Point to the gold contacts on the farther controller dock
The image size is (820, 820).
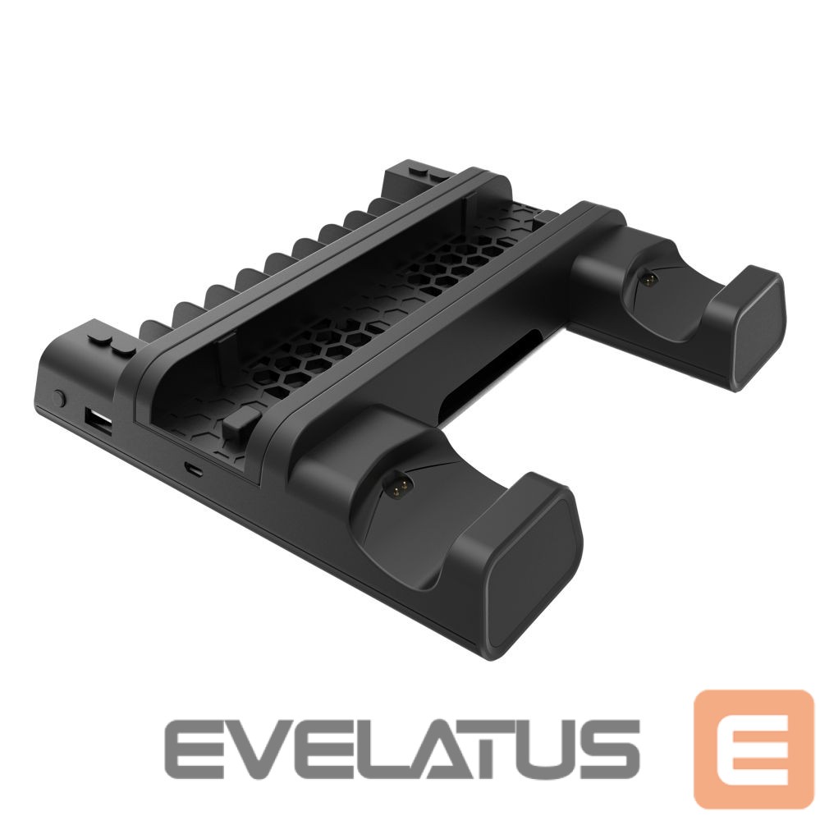649,280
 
